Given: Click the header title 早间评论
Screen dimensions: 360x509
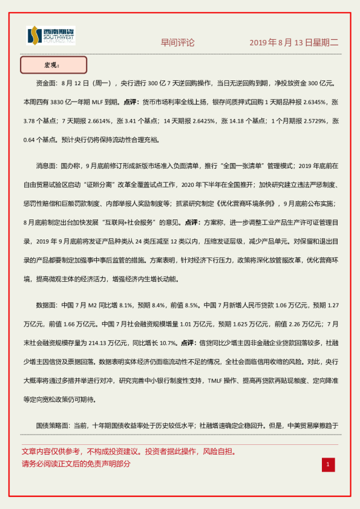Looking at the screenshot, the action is pyautogui.click(x=177, y=43).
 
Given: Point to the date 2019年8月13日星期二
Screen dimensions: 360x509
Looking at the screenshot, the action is pyautogui.click(x=294, y=43).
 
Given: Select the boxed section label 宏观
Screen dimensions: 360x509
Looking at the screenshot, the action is pyautogui.click(x=53, y=64).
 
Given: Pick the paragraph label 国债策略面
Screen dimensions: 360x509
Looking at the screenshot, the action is pyautogui.click(x=53, y=425).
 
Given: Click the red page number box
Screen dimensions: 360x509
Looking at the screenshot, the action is pyautogui.click(x=327, y=464).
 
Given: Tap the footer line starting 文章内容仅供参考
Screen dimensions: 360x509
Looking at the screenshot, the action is pyautogui.click(x=128, y=452).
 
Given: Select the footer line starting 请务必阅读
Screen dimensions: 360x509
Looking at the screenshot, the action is pyautogui.click(x=76, y=464).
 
